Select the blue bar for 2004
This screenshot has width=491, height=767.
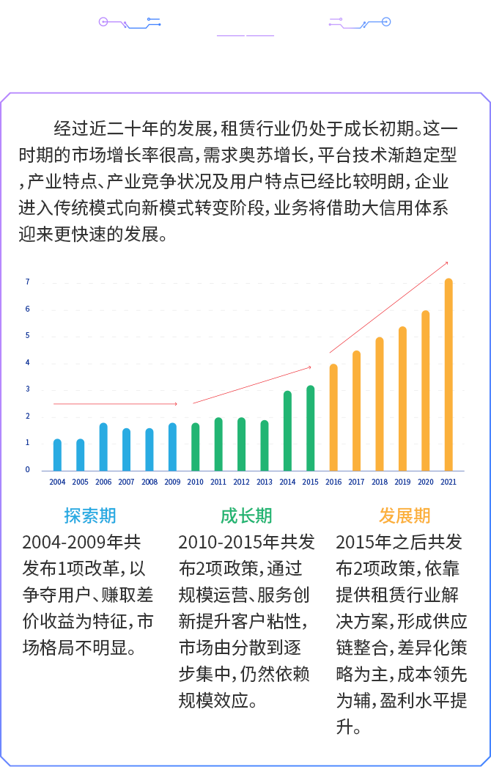(x=57, y=455)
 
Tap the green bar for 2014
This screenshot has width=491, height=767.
(x=287, y=430)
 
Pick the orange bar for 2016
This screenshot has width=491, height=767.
(x=333, y=417)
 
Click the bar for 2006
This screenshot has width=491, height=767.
(x=103, y=447)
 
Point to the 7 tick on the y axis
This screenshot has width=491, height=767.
(x=28, y=282)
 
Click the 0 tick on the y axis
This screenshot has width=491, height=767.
(x=28, y=470)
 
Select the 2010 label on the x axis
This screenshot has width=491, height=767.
(x=196, y=482)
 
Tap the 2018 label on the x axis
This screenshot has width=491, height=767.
(x=380, y=482)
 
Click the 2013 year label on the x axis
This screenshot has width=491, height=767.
(x=265, y=482)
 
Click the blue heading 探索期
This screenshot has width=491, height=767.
(x=89, y=515)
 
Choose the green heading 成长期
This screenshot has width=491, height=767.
(x=246, y=515)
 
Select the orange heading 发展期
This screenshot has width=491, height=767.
(x=405, y=515)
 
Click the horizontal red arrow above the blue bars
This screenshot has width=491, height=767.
(x=115, y=404)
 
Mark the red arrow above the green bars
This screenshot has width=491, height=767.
(x=252, y=385)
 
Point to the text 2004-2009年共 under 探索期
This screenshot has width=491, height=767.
(x=82, y=543)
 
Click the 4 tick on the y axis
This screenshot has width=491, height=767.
(x=28, y=362)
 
